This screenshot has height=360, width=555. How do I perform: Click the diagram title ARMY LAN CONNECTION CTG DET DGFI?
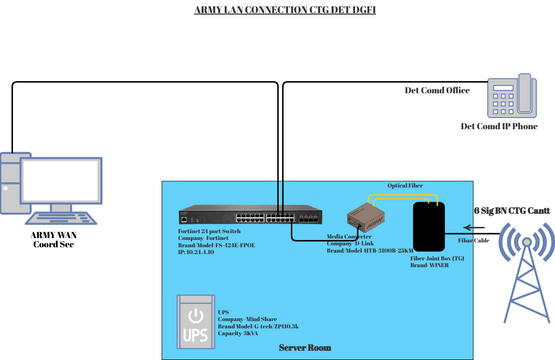277,10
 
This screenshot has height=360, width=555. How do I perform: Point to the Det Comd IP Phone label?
505,127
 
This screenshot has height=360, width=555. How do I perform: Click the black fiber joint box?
432,227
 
